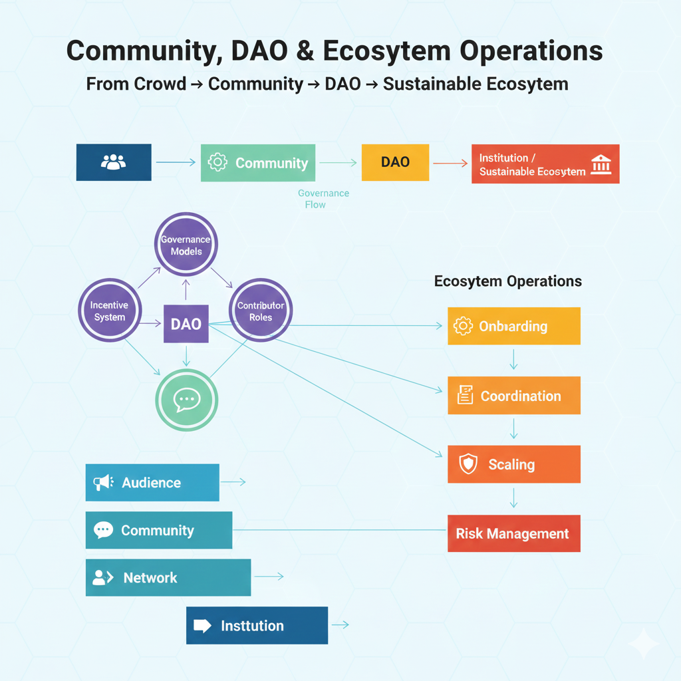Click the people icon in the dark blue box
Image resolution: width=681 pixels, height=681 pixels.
click(113, 162)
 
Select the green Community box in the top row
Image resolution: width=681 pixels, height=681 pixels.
click(257, 163)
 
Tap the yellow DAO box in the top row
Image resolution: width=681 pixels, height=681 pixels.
click(395, 162)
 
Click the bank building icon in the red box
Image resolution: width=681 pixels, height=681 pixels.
click(601, 164)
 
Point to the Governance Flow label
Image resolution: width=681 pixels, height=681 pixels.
click(323, 199)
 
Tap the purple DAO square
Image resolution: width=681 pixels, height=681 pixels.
click(186, 324)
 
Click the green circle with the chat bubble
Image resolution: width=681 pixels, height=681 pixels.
click(186, 399)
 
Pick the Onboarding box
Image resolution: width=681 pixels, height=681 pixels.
click(513, 326)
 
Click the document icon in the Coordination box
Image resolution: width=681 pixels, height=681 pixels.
click(466, 396)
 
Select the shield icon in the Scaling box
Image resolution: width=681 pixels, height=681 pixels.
click(468, 464)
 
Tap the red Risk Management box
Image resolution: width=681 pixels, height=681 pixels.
click(513, 533)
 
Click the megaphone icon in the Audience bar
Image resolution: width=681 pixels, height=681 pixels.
click(102, 483)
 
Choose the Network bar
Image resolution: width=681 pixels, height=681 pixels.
click(168, 577)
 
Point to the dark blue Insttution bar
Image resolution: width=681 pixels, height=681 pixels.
click(257, 625)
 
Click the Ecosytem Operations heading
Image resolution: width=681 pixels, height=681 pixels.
click(508, 281)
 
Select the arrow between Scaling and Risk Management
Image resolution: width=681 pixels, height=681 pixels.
click(513, 498)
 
